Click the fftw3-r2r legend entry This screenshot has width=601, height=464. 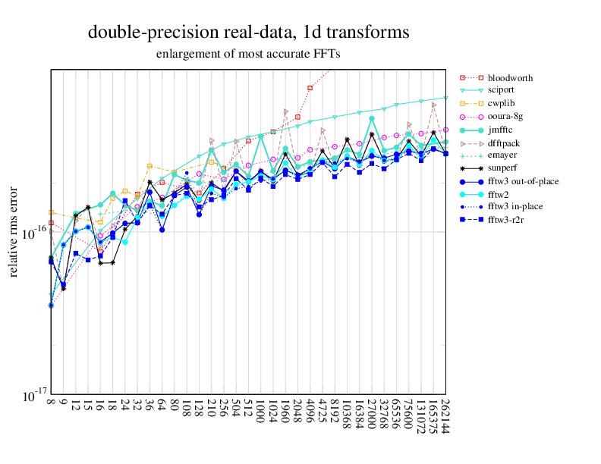point(508,220)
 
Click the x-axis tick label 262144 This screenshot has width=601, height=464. point(445,417)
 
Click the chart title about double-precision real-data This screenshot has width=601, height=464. point(249,33)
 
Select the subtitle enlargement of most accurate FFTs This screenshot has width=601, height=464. point(248,55)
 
